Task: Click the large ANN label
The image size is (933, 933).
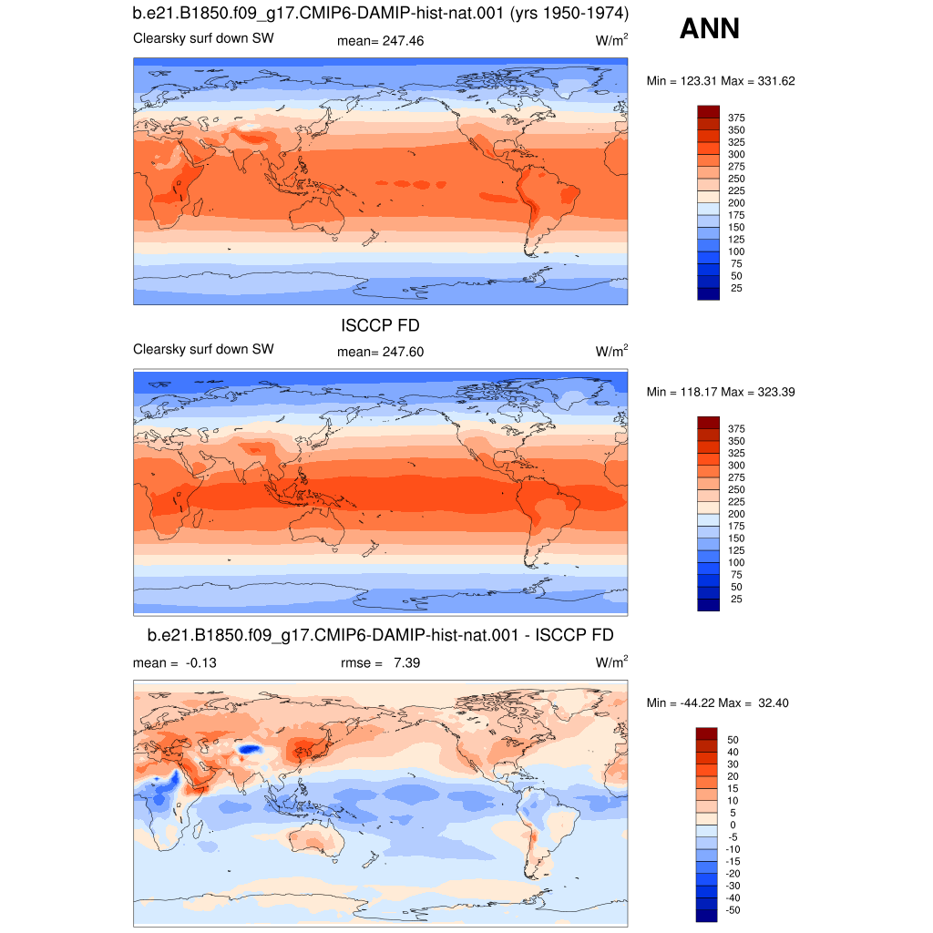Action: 709,28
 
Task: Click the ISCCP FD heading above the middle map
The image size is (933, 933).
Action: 380,325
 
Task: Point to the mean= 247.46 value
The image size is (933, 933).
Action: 380,41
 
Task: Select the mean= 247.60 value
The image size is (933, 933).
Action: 380,353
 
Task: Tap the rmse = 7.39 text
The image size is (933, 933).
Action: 380,663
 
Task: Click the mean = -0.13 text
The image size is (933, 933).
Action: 175,663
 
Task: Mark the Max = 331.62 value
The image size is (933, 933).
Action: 758,81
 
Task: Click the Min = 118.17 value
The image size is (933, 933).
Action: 682,392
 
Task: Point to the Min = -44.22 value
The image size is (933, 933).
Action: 680,703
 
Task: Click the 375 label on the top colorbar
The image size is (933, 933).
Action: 736,118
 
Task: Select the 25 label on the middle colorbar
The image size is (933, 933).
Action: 736,600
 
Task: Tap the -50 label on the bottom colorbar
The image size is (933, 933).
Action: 733,910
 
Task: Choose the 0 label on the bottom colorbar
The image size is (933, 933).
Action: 733,825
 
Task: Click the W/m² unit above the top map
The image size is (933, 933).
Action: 611,40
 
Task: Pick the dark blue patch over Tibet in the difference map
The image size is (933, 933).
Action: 250,749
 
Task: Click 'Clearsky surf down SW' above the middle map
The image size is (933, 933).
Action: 203,349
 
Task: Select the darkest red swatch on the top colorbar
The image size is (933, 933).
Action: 708,112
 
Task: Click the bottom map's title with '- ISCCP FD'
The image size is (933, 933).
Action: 380,635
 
